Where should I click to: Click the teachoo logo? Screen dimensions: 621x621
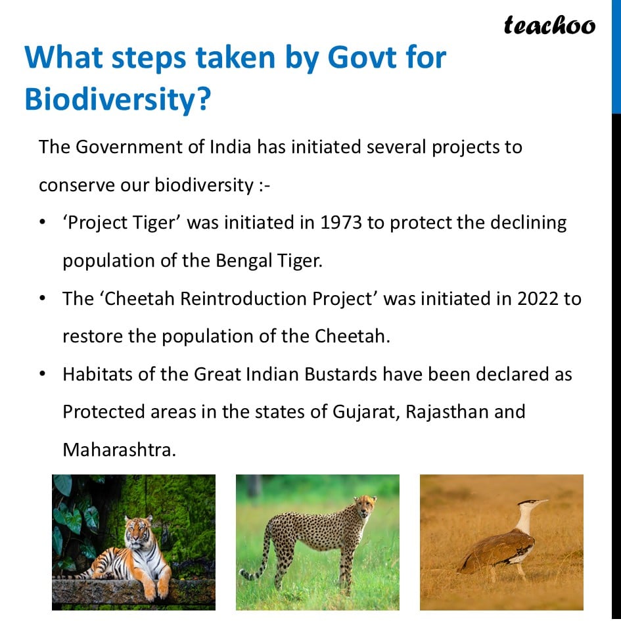click(x=549, y=26)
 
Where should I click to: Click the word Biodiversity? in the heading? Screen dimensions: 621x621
click(x=118, y=99)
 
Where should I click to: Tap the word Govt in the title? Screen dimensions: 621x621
click(x=362, y=57)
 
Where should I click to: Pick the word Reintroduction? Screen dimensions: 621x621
click(x=243, y=298)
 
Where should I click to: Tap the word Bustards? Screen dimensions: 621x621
click(x=340, y=375)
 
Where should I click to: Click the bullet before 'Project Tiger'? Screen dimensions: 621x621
click(x=42, y=222)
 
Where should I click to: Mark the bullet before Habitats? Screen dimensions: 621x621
click(x=42, y=374)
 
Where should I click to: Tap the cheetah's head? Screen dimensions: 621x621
click(x=365, y=506)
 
